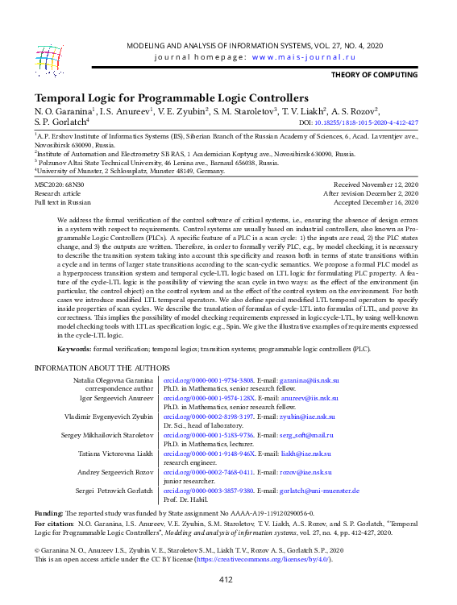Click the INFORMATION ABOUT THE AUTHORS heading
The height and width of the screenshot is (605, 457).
point(102,367)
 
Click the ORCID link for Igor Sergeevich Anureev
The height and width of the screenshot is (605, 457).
point(209,398)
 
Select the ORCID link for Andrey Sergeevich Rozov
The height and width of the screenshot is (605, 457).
point(209,471)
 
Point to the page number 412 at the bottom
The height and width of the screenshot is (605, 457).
point(226,579)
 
